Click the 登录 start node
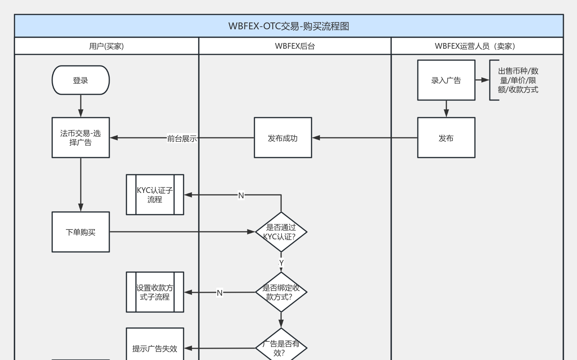click(x=81, y=80)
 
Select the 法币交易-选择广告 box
click(x=81, y=138)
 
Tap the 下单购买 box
click(x=81, y=232)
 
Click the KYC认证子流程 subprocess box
click(x=155, y=195)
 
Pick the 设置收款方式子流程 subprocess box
click(x=155, y=292)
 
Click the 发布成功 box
click(x=283, y=138)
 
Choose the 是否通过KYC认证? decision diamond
click(x=281, y=232)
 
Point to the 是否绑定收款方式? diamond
click(x=281, y=292)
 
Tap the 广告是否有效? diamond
click(x=281, y=347)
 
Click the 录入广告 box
click(x=446, y=80)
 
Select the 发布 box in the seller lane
click(x=446, y=138)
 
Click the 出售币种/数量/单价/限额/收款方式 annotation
click(x=518, y=80)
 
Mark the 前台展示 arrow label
click(x=182, y=139)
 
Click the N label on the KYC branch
click(x=241, y=196)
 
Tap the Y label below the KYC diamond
click(x=281, y=263)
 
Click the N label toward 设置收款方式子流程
click(x=220, y=293)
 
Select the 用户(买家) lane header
click(x=106, y=46)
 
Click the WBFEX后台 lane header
click(x=295, y=46)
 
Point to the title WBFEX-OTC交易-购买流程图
click(x=289, y=26)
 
